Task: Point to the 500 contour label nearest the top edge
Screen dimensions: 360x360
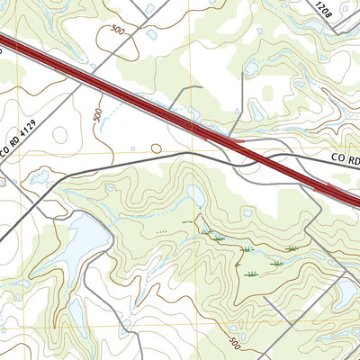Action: coord(116,30)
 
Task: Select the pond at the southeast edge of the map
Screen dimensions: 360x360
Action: coord(346,292)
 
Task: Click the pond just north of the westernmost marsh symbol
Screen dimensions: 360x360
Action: coord(196,195)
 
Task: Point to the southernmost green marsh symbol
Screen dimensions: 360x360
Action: coord(249,273)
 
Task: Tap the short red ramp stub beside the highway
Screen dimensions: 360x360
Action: coord(225,140)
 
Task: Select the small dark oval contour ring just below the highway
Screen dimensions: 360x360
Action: coord(157,148)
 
